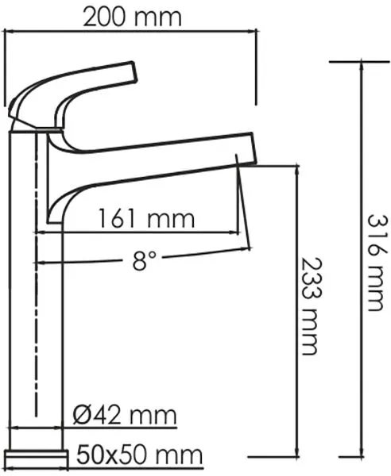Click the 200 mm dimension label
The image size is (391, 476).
coord(132,17)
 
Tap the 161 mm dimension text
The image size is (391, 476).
coord(146,218)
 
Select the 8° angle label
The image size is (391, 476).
coord(145,260)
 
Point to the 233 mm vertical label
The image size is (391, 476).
coord(311,306)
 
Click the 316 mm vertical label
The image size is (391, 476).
coord(378,263)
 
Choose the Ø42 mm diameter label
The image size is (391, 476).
coord(125,415)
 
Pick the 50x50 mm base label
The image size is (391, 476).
coord(139,455)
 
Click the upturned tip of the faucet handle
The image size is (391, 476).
coord(134,71)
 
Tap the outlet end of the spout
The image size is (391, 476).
coord(253,149)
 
